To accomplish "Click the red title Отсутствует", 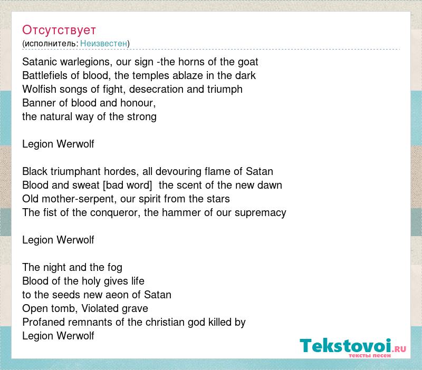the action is [x=59, y=30].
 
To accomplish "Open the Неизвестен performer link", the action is [x=103, y=43].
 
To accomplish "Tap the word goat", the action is [x=248, y=62].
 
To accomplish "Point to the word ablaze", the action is [x=188, y=75].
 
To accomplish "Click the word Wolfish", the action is [x=39, y=89].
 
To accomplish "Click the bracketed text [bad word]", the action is [x=128, y=186].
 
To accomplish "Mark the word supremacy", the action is [x=260, y=213].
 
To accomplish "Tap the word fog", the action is [x=114, y=268].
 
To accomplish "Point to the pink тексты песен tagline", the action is [x=370, y=355].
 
